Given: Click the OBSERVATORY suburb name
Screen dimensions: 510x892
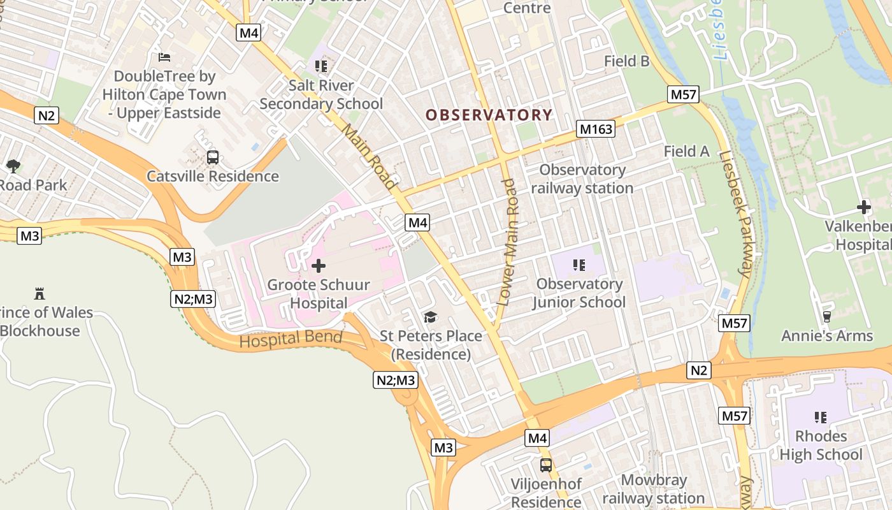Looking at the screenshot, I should [489, 115].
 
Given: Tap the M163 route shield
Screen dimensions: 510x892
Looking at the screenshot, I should [596, 129].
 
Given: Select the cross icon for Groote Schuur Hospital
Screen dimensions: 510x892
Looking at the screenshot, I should [318, 266].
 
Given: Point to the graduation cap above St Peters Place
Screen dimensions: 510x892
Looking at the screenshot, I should [431, 317].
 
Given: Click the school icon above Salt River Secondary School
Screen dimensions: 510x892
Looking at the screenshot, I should [321, 66].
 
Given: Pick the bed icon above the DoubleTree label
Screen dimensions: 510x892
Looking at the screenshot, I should [164, 57].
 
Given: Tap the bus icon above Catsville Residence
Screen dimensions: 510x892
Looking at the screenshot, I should [213, 157].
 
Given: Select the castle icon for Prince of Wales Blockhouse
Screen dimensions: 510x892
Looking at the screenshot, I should [40, 294].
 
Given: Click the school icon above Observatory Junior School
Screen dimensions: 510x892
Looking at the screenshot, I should [579, 265].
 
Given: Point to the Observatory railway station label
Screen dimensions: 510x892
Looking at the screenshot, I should [582, 179].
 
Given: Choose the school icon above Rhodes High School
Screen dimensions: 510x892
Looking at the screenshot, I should [821, 418].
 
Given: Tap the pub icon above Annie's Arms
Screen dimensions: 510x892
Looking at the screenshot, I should [827, 316].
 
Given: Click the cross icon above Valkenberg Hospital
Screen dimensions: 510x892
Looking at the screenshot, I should [864, 207].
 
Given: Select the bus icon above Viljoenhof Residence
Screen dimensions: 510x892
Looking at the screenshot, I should [546, 465].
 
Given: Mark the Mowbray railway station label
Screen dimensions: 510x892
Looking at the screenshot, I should [654, 489].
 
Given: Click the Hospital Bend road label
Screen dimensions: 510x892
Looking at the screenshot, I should [291, 339].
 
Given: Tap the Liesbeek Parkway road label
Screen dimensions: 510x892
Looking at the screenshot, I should [734, 214].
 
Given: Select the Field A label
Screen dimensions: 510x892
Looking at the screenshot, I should [686, 152].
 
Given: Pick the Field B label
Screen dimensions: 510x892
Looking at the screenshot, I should [626, 61].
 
